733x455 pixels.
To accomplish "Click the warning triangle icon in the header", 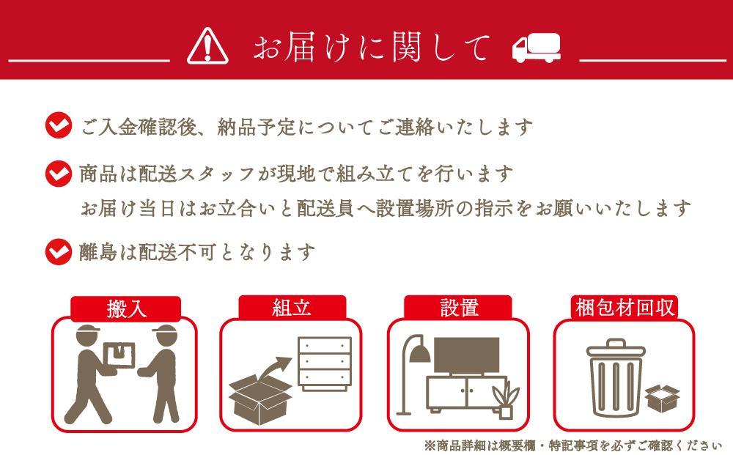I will coord(208,48).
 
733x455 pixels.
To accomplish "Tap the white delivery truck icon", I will coord(536,48).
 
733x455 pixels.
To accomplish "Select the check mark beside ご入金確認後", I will coord(58,126).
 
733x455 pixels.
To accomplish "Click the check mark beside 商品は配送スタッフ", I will coord(58,174).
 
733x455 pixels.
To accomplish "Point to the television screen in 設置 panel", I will coord(467,355).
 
